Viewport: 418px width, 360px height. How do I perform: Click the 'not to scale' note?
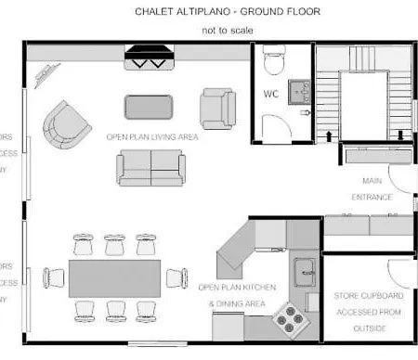228,30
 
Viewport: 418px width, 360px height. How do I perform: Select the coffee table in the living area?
150,107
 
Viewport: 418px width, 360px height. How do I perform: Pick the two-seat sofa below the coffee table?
150,167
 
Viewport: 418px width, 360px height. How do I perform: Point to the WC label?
272,94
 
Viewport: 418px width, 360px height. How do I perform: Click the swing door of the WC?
275,128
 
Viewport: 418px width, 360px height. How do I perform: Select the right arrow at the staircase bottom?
401,135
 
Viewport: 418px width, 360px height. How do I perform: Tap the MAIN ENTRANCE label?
371,188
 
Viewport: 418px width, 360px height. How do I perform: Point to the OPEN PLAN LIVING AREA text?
152,136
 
